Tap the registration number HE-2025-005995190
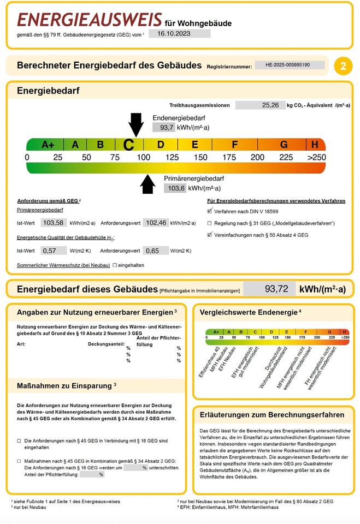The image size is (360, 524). click(290, 65)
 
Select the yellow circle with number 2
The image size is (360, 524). click(343, 65)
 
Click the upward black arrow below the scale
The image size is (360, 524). click(147, 184)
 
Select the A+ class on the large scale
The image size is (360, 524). click(48, 145)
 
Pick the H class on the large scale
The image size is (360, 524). click(315, 145)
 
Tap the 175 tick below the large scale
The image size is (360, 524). click(229, 157)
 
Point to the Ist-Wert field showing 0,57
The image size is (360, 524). click(50, 251)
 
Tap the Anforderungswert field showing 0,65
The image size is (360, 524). click(156, 251)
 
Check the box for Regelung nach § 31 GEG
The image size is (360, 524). click(209, 223)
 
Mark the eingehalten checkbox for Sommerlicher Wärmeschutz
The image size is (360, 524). click(115, 265)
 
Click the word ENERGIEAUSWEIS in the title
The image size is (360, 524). click(89, 20)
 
